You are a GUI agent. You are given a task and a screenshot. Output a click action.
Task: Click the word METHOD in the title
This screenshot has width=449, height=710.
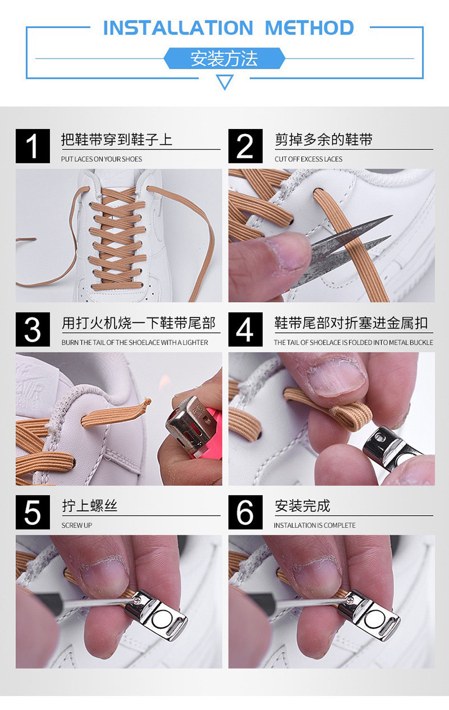coord(309,28)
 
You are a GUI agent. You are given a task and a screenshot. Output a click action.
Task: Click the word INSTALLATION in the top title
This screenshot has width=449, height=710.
coord(178,28)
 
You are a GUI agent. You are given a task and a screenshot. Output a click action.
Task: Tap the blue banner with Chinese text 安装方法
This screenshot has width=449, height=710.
coord(224,59)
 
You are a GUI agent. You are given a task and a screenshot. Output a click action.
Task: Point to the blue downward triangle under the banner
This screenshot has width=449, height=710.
coord(224,82)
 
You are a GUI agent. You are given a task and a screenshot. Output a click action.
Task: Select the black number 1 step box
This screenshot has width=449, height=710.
coord(32,146)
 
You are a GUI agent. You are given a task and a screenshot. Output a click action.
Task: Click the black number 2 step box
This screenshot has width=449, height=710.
coord(246,146)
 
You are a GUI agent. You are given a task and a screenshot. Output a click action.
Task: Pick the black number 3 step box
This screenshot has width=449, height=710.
coord(32,329)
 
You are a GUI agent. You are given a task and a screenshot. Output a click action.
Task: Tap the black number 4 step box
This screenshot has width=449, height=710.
coord(246,329)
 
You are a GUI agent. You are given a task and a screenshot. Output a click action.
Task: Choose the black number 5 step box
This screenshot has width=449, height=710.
coord(32,512)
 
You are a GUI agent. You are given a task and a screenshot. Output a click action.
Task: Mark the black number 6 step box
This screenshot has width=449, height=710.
coord(246,512)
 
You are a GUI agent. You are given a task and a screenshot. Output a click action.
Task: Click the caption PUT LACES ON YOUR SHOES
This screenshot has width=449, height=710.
coord(102,159)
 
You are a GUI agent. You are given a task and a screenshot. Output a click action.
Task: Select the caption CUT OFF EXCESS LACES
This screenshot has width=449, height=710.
coord(309,159)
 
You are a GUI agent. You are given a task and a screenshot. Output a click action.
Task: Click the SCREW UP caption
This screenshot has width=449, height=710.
coord(77,525)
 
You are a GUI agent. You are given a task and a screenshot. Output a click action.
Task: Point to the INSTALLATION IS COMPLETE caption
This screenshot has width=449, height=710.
coord(314,525)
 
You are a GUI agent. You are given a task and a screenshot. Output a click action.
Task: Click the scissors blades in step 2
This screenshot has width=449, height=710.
coord(343,247)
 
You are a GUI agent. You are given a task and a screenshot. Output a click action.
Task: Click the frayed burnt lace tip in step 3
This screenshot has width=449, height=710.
coord(147,403)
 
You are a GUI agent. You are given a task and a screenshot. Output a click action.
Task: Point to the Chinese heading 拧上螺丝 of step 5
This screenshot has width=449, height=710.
coord(90,506)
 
